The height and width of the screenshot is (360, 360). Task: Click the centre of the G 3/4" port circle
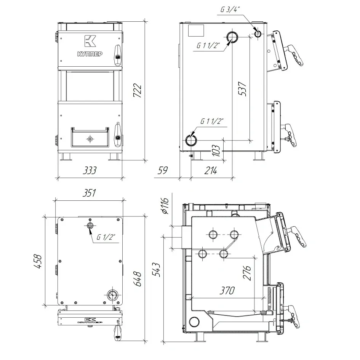258,34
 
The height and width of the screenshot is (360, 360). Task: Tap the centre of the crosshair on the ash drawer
90,139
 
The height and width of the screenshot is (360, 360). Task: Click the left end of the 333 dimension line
58,177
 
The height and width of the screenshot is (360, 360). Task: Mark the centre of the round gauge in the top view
112,295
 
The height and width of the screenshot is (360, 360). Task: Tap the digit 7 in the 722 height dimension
138,94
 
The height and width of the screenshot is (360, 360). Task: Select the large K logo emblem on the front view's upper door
90,41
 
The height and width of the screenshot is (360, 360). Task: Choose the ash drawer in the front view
90,137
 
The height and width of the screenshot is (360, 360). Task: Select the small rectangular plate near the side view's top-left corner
196,30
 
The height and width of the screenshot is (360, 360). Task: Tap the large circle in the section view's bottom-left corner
194,322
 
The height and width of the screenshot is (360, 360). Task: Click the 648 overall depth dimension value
138,279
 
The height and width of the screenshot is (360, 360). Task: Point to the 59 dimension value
163,170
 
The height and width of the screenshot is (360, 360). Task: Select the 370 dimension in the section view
227,290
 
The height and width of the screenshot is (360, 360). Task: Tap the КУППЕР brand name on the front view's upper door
90,54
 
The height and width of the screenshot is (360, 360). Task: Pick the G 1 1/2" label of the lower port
212,121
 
